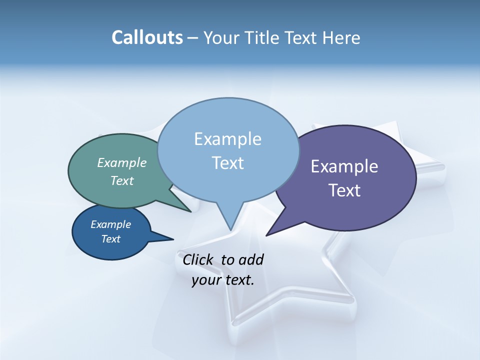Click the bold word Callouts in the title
tap(147, 38)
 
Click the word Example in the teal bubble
tap(122, 163)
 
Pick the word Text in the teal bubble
tap(122, 181)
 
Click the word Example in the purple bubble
tap(344, 166)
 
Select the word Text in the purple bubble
tap(345, 190)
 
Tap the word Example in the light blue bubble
tap(227, 139)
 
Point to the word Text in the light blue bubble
tap(228, 163)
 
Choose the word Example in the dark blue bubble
tap(111, 224)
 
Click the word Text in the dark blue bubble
tap(111, 239)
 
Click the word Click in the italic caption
tap(198, 260)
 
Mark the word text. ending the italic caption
tap(239, 280)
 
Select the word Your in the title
tap(222, 38)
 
